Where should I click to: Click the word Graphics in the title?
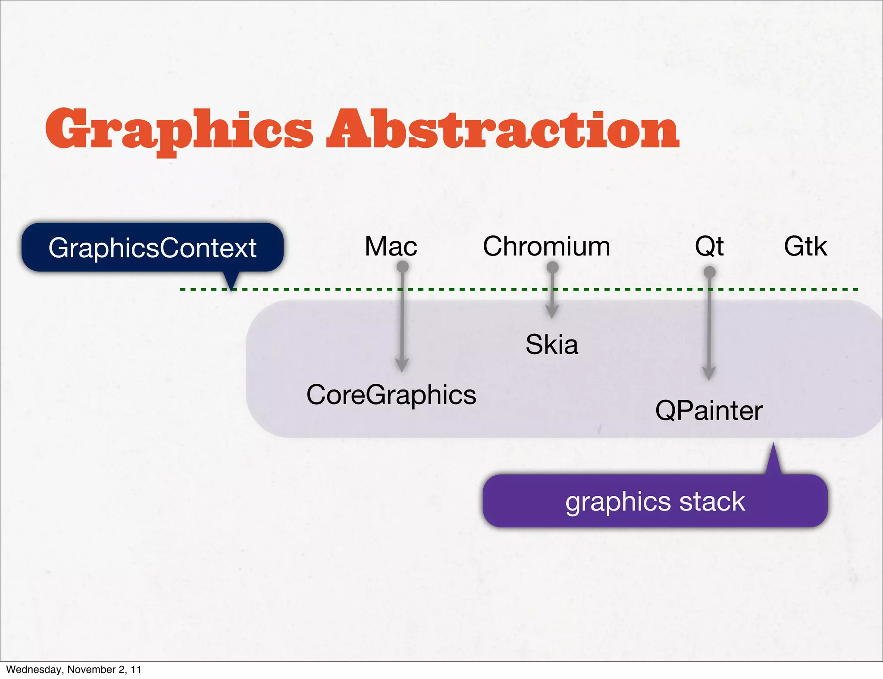[179, 129]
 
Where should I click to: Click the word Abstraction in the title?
[502, 129]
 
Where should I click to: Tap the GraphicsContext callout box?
[153, 247]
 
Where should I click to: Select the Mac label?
[391, 246]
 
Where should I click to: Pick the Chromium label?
[546, 246]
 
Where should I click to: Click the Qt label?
[709, 246]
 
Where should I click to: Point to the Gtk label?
[805, 246]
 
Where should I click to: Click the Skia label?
[551, 345]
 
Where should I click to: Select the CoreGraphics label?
[391, 395]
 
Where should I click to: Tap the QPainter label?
[709, 411]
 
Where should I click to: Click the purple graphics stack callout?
[655, 501]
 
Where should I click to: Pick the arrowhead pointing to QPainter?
[709, 374]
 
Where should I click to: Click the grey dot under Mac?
[402, 267]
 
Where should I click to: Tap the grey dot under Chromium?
[552, 268]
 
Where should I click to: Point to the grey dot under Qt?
[709, 272]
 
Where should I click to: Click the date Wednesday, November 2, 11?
[74, 669]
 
